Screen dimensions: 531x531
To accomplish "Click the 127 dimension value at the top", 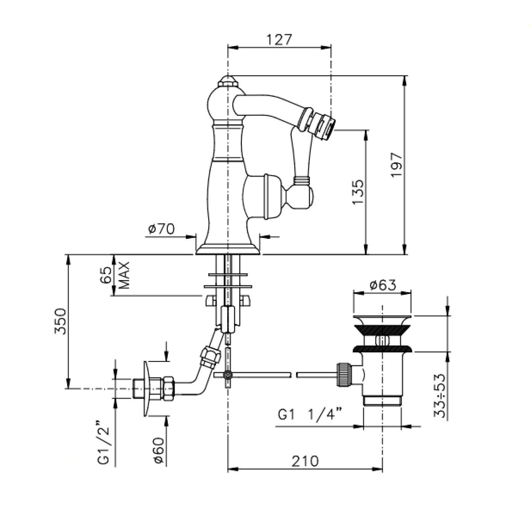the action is [279, 39].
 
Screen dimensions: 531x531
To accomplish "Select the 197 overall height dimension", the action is [397, 165].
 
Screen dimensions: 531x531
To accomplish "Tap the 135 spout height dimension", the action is [358, 191].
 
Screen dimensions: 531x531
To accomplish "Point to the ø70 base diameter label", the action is [161, 229].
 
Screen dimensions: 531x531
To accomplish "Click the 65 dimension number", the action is [106, 275].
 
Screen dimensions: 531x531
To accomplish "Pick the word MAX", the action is [124, 276].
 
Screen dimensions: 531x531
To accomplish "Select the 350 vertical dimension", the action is [60, 321].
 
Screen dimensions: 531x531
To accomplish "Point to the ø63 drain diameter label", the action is [382, 285].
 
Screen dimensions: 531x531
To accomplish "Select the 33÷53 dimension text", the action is [440, 395].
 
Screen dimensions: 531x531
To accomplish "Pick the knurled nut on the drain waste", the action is [343, 374].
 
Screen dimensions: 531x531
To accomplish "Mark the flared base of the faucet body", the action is [227, 248].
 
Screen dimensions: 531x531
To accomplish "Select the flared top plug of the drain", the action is [382, 320].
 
